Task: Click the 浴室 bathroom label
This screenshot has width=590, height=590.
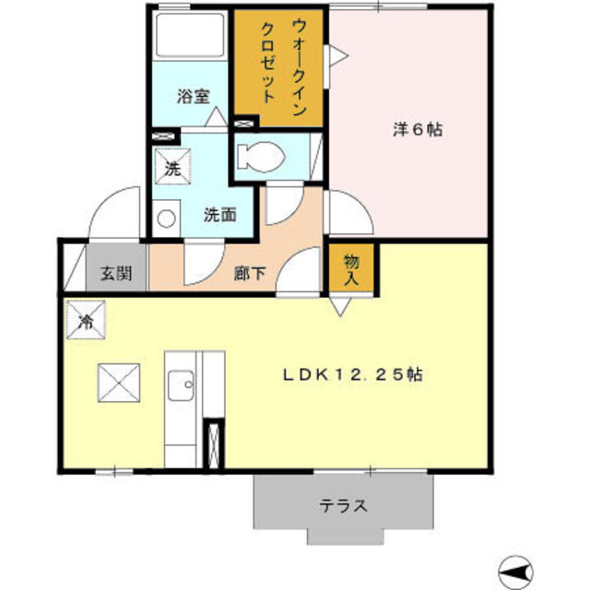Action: (193, 95)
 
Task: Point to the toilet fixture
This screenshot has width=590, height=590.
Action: (258, 157)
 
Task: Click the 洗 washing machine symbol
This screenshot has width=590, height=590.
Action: (171, 169)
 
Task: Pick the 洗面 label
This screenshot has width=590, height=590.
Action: (220, 216)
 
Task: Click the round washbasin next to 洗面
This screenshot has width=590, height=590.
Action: (166, 218)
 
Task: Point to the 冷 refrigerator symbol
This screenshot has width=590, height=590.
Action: (85, 322)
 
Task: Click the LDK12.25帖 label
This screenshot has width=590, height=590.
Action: (353, 375)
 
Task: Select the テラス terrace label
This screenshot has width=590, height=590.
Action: (344, 505)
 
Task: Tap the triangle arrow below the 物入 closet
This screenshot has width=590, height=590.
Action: (341, 308)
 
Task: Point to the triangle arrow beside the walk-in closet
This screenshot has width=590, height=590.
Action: (338, 57)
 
